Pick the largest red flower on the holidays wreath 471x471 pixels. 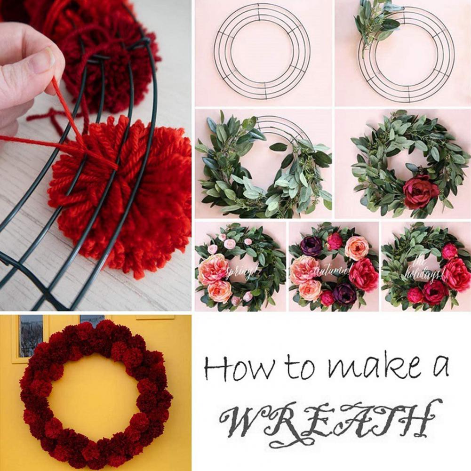[455, 273]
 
